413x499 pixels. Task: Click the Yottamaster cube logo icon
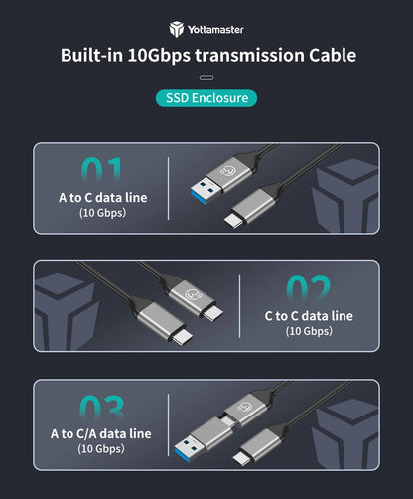coord(177,29)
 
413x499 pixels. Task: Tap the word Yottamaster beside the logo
coord(215,30)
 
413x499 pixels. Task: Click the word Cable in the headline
coord(333,55)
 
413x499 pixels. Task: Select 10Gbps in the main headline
coord(159,56)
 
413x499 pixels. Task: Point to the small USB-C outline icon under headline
coord(206,78)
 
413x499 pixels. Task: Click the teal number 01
coord(101,170)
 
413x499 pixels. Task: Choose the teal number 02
coord(309,288)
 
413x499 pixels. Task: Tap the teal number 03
coord(102,408)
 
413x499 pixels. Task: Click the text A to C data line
coord(103,198)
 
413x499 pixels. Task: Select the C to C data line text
coord(309,316)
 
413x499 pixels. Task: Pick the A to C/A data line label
coord(101,434)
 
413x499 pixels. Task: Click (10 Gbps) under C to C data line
coord(309,331)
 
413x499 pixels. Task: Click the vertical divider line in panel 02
coord(239,306)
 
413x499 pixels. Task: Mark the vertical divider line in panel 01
coord(169,188)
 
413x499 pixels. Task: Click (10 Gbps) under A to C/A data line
coord(101,449)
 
